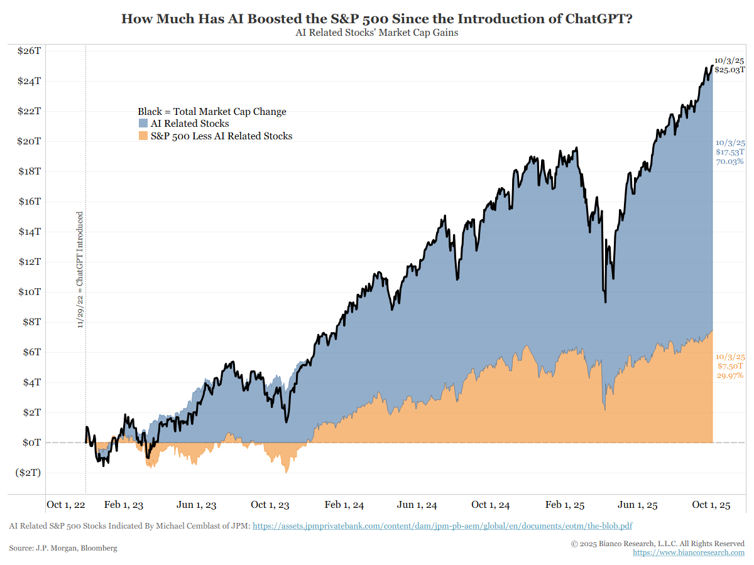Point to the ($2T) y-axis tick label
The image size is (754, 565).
point(28,473)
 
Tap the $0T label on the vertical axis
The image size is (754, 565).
point(31,443)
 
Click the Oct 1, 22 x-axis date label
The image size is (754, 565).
point(66,505)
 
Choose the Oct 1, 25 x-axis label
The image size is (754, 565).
point(711,505)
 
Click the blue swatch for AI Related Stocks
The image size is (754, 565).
point(143,124)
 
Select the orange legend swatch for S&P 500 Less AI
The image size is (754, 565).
point(143,136)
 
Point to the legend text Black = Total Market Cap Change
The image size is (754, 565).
point(212,112)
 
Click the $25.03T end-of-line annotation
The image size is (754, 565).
point(729,70)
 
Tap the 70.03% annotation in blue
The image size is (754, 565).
point(729,161)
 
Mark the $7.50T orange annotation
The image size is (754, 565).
point(730,366)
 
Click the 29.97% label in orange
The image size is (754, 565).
point(729,375)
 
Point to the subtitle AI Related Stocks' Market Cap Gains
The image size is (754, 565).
point(376,33)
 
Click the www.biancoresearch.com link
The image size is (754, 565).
point(689,552)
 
